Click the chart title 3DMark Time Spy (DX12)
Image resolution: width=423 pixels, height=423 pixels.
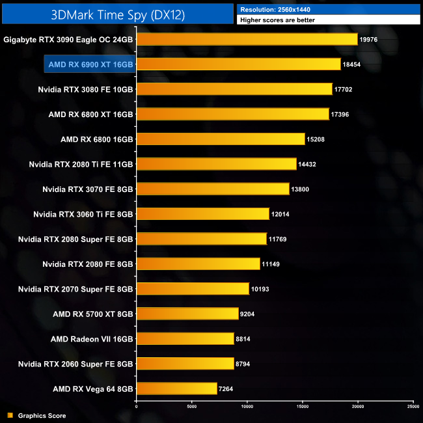click(116, 14)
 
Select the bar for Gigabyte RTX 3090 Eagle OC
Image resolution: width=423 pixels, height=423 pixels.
click(247, 39)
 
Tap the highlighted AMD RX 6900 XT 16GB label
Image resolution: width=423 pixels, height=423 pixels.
click(90, 64)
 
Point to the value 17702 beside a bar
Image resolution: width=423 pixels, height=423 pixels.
click(345, 89)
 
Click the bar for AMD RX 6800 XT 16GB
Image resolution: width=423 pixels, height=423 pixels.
click(232, 114)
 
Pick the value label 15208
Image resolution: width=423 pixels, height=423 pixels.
click(317, 139)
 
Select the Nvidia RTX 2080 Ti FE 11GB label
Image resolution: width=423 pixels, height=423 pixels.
click(81, 164)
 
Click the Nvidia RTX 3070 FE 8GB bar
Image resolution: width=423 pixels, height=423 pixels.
click(213, 189)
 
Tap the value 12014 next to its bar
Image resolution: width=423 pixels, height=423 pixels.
click(282, 214)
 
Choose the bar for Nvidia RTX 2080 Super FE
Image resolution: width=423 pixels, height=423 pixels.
click(201, 239)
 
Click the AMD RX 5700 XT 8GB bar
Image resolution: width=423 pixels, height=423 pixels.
click(187, 314)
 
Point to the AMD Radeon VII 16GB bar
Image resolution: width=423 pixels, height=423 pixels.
click(185, 338)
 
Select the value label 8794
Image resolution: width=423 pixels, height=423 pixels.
click(246, 363)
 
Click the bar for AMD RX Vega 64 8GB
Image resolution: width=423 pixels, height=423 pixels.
click(176, 389)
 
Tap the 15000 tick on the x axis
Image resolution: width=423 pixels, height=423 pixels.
click(303, 407)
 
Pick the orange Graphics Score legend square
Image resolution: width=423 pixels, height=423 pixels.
click(10, 415)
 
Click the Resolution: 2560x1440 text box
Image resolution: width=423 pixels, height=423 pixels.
click(329, 9)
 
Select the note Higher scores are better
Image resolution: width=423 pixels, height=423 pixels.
click(329, 20)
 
